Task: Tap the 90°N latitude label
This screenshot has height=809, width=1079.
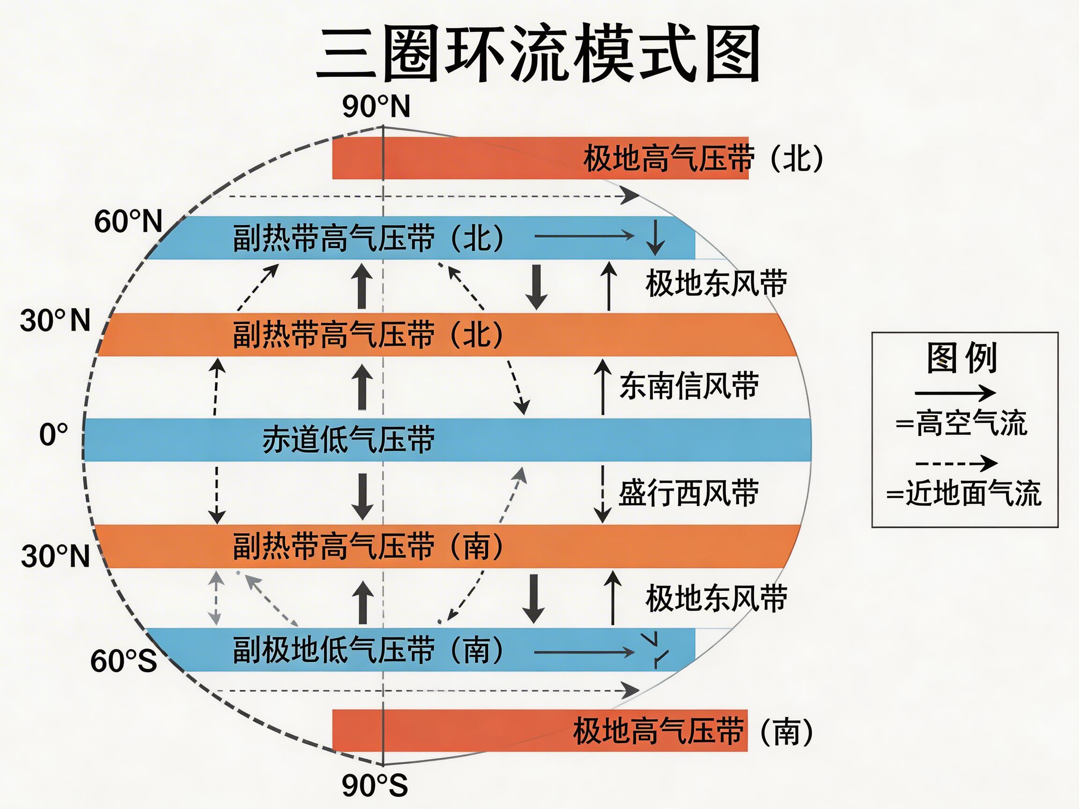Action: point(376,106)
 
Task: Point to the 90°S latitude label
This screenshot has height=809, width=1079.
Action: point(375,785)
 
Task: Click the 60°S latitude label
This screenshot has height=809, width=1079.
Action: point(124,661)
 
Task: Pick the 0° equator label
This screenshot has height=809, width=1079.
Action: point(54,434)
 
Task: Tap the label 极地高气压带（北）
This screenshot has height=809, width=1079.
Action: point(702,159)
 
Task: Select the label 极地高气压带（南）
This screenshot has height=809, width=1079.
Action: point(693,731)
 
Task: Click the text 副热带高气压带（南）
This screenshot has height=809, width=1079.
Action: point(368,546)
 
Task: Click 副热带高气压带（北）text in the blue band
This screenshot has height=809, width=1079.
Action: point(368,238)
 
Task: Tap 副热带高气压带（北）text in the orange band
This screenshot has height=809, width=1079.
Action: point(368,335)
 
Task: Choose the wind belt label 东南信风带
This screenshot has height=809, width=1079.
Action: point(689,386)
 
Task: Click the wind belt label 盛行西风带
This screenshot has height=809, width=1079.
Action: point(688,493)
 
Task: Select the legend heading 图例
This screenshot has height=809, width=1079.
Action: point(962,358)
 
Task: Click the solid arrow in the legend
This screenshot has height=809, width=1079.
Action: point(954,392)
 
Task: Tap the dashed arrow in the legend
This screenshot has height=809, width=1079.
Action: point(956,463)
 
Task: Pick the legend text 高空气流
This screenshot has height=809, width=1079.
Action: point(971,423)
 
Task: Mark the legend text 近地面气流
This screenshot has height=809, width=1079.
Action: point(973,493)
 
